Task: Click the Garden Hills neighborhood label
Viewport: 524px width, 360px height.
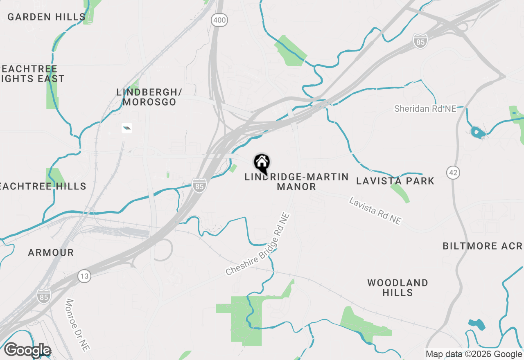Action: click(46, 17)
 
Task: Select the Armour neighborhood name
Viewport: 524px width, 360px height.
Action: click(51, 252)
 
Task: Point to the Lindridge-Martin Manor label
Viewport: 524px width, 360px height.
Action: click(296, 182)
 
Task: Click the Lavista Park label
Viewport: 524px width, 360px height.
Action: click(395, 181)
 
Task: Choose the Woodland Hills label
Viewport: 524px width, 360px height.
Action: click(398, 288)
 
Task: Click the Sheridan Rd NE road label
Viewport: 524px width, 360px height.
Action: click(425, 108)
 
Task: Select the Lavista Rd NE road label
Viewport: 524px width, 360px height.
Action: click(375, 210)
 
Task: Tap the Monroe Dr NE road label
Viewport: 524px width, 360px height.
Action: click(77, 325)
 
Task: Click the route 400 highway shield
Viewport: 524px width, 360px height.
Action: click(220, 20)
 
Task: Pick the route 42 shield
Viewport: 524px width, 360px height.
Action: click(453, 172)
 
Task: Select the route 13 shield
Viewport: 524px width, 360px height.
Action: click(84, 277)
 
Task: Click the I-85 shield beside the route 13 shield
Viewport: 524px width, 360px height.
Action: click(43, 297)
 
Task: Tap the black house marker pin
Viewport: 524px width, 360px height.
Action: click(262, 163)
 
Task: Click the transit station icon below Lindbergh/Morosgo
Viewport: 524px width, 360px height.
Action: click(127, 128)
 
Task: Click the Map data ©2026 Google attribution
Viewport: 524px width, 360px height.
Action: click(474, 354)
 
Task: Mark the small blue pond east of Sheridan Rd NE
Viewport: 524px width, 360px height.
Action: click(477, 132)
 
